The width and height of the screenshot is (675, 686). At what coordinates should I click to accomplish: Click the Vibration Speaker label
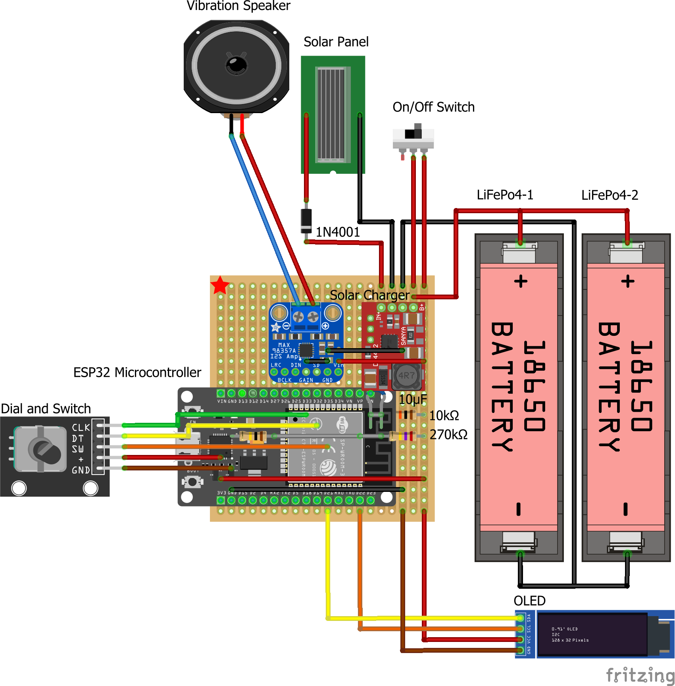238,6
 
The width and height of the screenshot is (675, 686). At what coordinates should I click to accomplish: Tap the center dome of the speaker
237,65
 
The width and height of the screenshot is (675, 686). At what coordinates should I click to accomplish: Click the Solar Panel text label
336,42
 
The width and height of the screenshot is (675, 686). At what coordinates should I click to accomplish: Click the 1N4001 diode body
306,221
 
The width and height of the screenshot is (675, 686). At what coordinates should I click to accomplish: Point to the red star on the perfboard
220,285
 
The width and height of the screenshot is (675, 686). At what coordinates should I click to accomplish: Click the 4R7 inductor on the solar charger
406,376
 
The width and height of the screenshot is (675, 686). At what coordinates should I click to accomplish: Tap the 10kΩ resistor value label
444,416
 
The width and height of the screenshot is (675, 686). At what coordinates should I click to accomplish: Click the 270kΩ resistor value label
448,435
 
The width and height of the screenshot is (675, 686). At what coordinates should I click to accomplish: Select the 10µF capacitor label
413,399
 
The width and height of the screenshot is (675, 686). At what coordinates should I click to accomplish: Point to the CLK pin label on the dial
81,428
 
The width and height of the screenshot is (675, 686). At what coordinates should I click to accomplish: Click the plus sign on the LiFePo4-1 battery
521,281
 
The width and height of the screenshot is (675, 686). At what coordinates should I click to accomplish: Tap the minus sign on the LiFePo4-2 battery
625,509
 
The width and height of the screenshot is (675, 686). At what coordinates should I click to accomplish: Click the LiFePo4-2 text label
610,195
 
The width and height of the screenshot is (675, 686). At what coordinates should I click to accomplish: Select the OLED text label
529,601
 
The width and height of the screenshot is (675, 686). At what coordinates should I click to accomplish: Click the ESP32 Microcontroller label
137,372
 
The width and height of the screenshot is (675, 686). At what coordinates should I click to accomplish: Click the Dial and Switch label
46,409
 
